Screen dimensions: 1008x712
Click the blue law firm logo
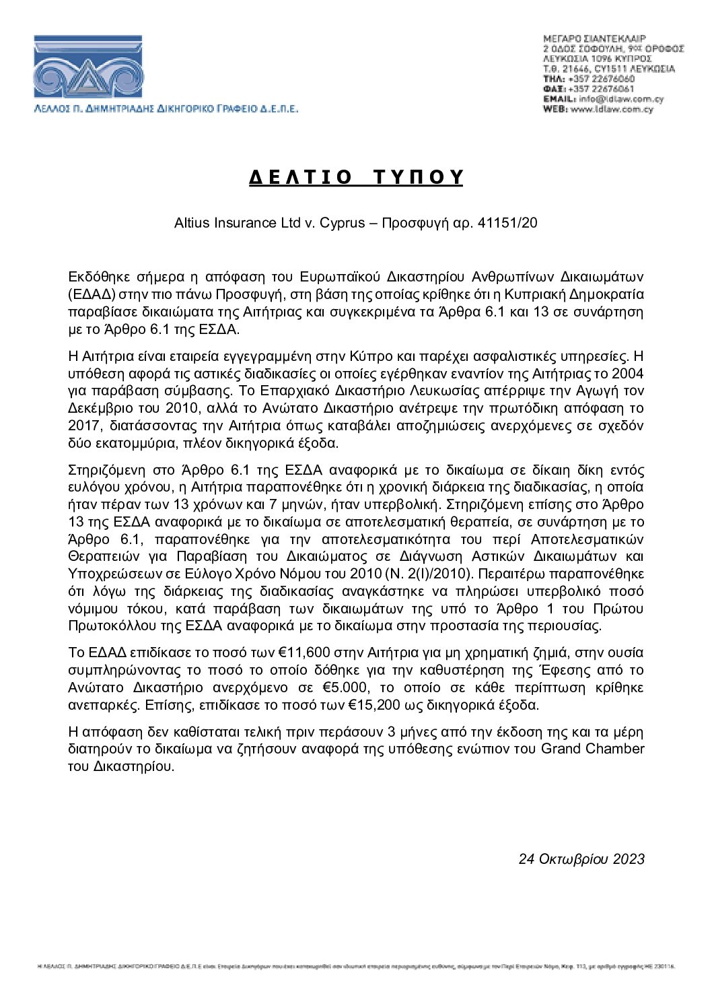click(88, 67)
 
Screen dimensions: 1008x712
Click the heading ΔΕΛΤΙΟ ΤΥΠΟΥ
click(356, 176)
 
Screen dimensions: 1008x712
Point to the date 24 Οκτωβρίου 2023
click(581, 859)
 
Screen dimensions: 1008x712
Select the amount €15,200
click(374, 705)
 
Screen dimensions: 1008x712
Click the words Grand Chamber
click(592, 749)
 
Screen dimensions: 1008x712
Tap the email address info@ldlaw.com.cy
click(621, 99)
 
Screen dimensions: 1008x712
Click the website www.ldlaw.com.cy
click(612, 109)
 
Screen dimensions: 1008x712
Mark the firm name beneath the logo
click(166, 108)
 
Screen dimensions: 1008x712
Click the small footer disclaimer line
click(356, 966)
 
